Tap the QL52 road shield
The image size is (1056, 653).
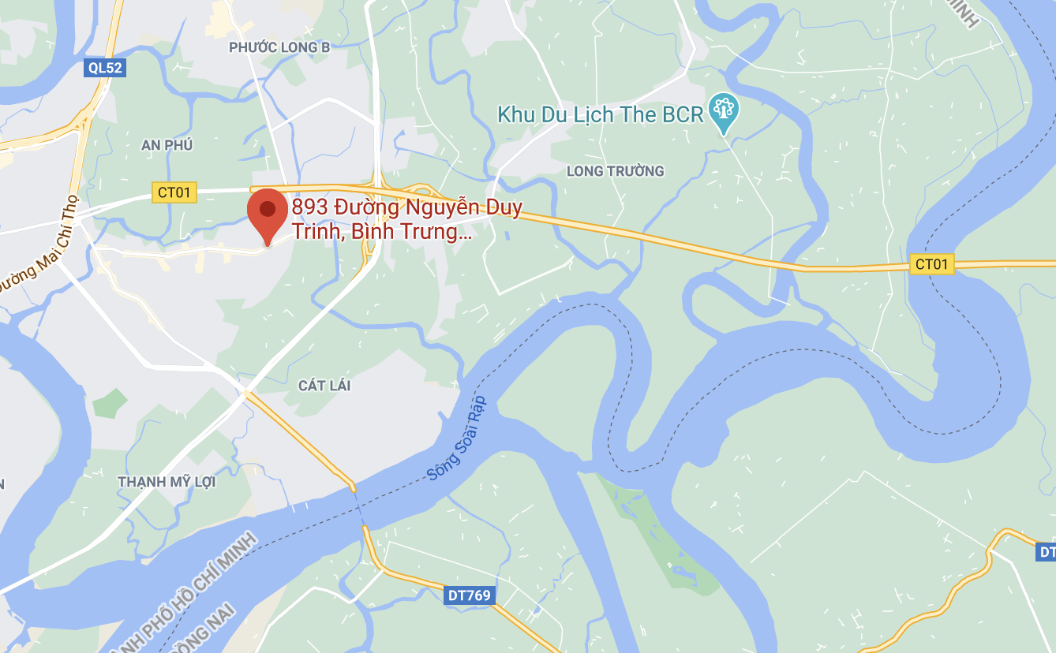point(105,68)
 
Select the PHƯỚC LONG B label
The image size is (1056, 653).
point(279,48)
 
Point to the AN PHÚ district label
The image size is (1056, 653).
point(167,145)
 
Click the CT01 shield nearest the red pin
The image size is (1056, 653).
point(174,192)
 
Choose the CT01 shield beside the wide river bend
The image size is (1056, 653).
point(931,264)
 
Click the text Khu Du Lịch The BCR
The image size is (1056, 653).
point(600,115)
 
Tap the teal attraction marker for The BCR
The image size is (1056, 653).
point(722,111)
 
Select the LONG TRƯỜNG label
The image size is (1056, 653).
point(616,171)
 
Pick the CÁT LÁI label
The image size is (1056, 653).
point(324,386)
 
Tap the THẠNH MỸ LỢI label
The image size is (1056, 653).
point(167,482)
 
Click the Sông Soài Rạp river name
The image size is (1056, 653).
point(458,438)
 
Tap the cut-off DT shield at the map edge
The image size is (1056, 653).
point(1047,552)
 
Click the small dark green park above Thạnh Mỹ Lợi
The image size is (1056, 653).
point(109,403)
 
